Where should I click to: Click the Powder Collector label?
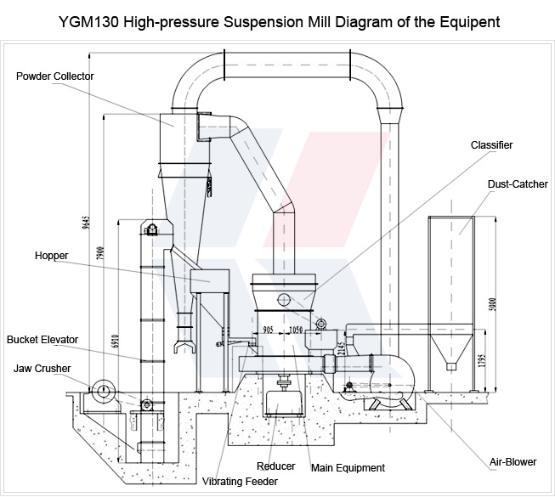[x=55, y=76]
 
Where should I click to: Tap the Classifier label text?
[x=492, y=145]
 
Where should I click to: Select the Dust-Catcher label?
[x=518, y=184]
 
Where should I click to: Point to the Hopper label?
[x=52, y=255]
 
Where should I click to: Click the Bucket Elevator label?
[x=42, y=340]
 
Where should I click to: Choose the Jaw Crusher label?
[x=42, y=369]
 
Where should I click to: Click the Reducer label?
[x=275, y=466]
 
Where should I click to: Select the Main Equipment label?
[x=348, y=467]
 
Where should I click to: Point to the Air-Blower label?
[x=513, y=462]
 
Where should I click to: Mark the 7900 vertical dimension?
[x=100, y=253]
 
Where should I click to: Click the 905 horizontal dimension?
[x=269, y=329]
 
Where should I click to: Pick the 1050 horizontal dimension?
[x=296, y=329]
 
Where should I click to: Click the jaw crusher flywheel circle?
[x=103, y=390]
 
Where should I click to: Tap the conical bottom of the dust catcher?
[x=449, y=350]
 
